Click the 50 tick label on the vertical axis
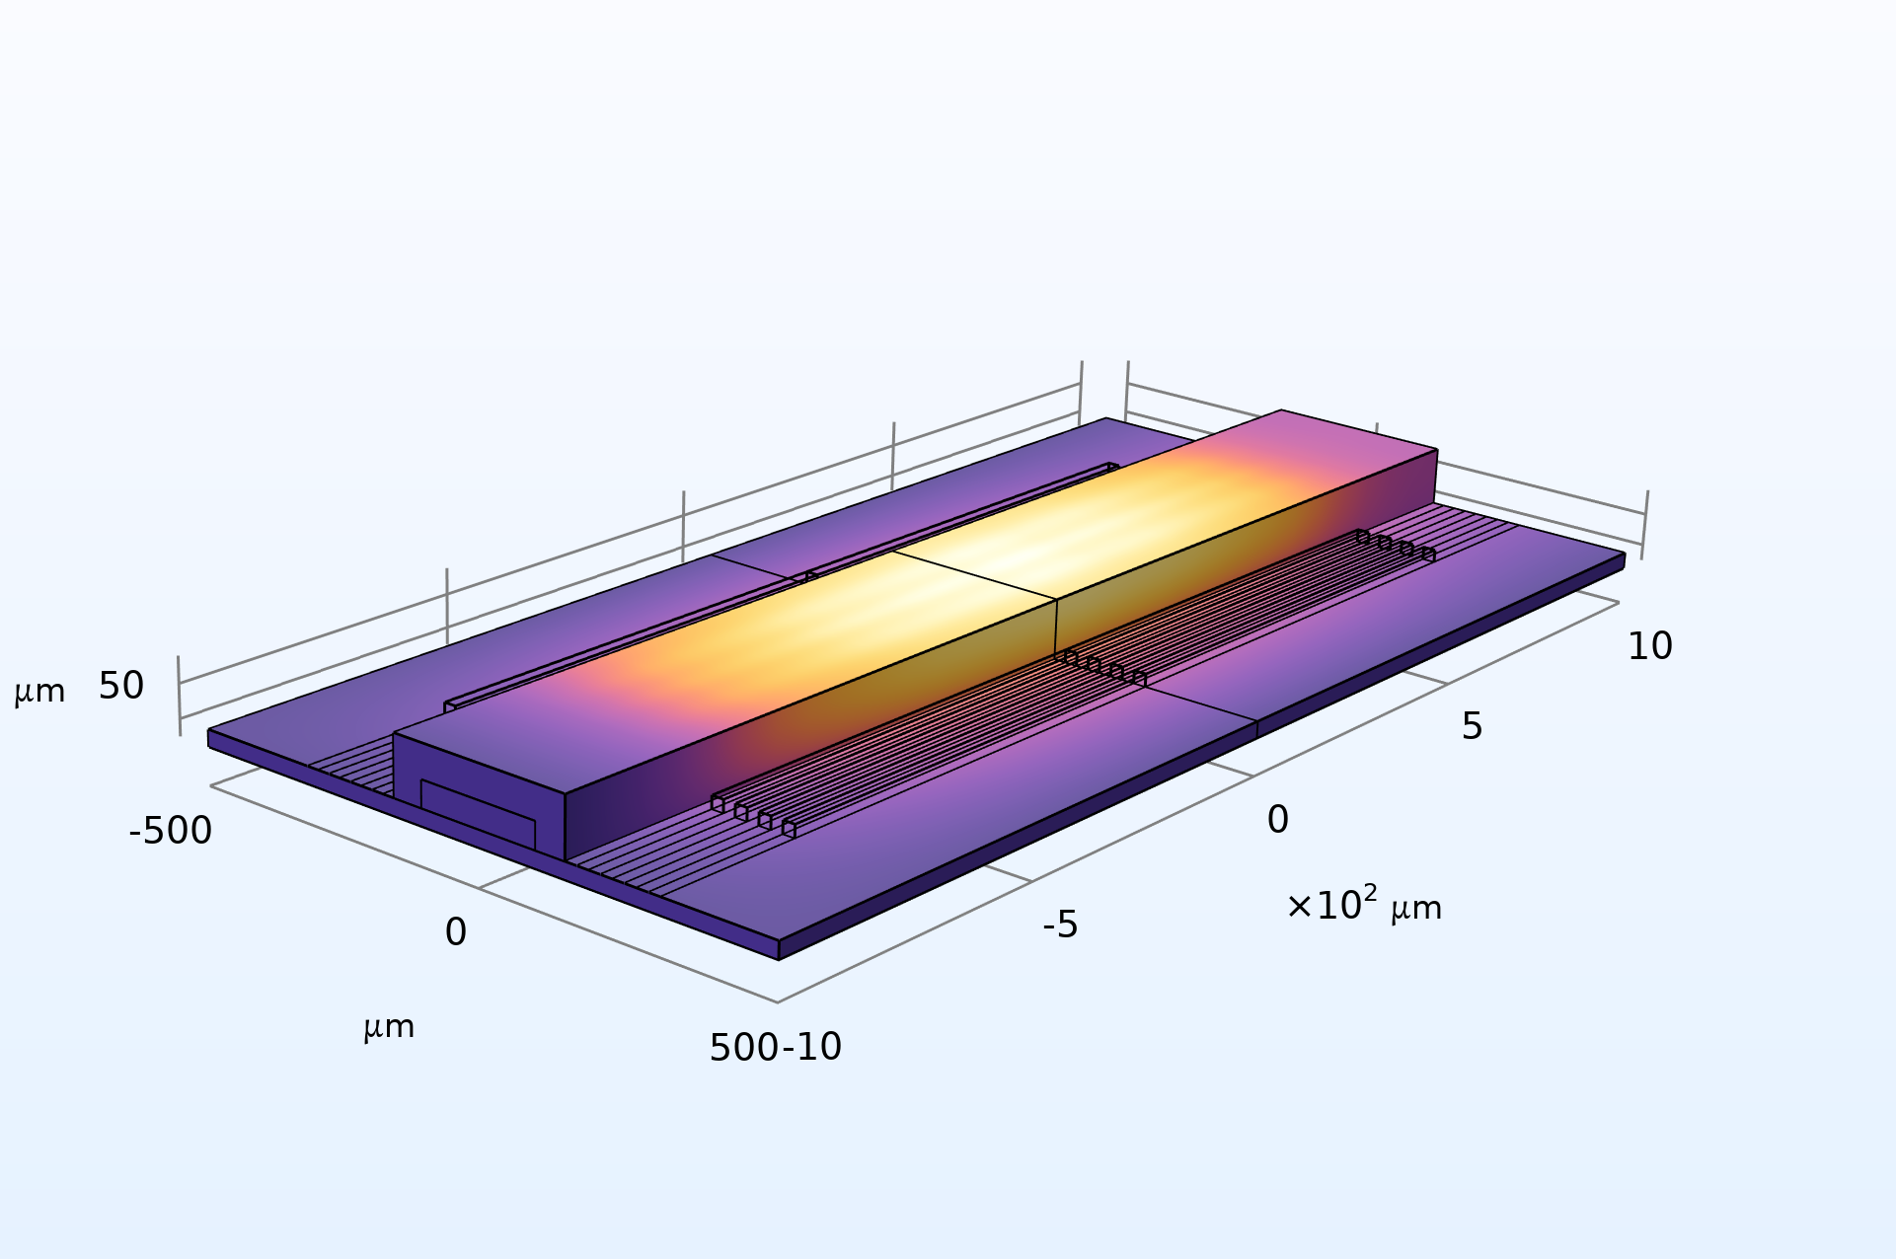pos(121,687)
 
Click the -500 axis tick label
pos(170,832)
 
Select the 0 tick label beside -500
pos(455,932)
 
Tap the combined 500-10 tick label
pos(776,1048)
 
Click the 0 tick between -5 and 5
pos(1277,820)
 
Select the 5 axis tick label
pos(1472,727)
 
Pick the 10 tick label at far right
pos(1649,647)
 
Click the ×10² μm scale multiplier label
pos(1364,906)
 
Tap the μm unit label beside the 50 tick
pos(39,692)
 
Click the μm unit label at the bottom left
pos(389,1028)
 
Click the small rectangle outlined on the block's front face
pos(478,814)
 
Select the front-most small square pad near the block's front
pos(789,830)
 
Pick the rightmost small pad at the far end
pos(1428,555)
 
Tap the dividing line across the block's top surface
pos(975,575)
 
